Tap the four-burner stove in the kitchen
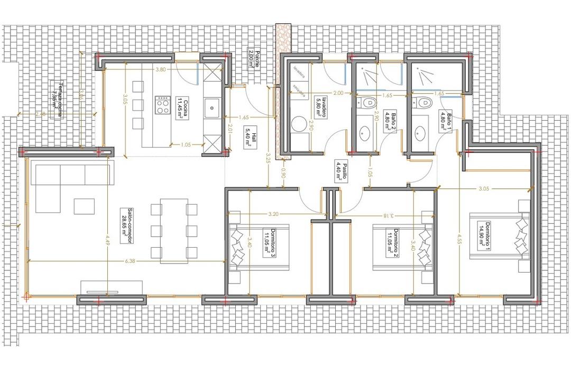pos(162,106)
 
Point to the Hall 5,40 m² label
pos(250,139)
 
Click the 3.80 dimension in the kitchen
pos(161,69)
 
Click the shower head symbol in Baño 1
pos(423,76)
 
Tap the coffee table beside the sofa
pos(84,206)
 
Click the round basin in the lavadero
pos(299,125)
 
